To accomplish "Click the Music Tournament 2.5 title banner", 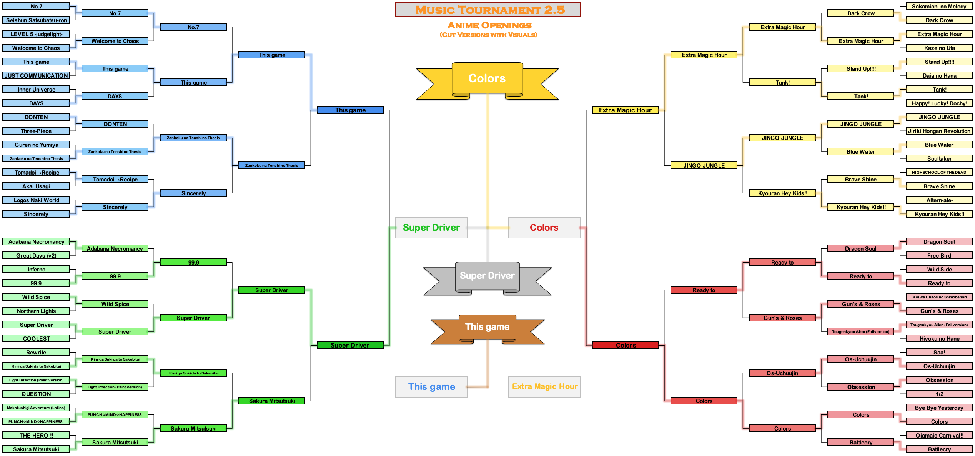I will point(487,10).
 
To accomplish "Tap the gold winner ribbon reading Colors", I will point(487,78).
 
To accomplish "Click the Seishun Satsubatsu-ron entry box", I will point(36,20).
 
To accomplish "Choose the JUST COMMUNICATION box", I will point(36,76).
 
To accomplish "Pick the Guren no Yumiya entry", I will point(36,145).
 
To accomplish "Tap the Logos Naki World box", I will point(36,200).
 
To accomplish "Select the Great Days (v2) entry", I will point(36,256).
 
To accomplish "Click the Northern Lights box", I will point(36,311).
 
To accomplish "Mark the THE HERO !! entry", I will point(36,436).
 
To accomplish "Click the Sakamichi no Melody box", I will point(939,7).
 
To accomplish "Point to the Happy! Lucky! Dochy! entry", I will point(939,103).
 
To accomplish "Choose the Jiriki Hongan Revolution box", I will point(939,131).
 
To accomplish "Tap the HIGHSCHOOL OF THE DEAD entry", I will point(939,173).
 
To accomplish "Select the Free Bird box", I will point(939,256).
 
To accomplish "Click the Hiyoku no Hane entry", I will point(939,339).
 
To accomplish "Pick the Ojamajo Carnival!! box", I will point(939,436).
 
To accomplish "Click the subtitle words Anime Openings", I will point(489,26).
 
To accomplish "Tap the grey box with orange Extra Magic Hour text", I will point(544,387).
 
